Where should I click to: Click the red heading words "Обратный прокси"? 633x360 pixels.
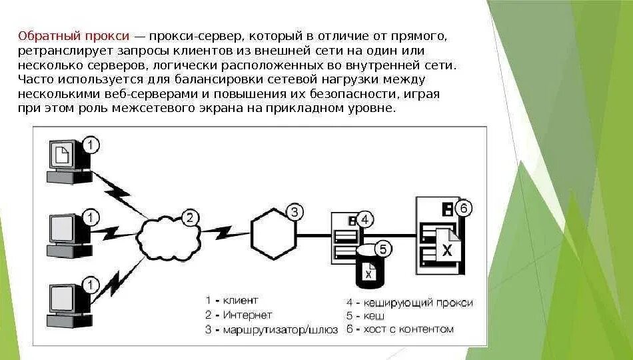(74, 36)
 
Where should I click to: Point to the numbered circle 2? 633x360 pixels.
(191, 217)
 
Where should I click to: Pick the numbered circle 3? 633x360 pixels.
(295, 213)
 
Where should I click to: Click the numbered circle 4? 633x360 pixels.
(364, 219)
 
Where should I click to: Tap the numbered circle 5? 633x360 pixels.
(382, 249)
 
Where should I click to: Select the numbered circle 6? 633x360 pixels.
(464, 208)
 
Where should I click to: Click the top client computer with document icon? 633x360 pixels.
(67, 159)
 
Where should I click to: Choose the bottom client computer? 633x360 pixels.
(67, 303)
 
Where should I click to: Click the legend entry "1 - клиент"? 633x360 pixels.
(231, 301)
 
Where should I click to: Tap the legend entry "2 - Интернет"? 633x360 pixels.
(239, 315)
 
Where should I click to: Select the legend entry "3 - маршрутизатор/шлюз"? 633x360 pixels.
(271, 329)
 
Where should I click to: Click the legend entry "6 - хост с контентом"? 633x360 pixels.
(400, 329)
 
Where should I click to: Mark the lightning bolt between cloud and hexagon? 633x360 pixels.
(224, 233)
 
